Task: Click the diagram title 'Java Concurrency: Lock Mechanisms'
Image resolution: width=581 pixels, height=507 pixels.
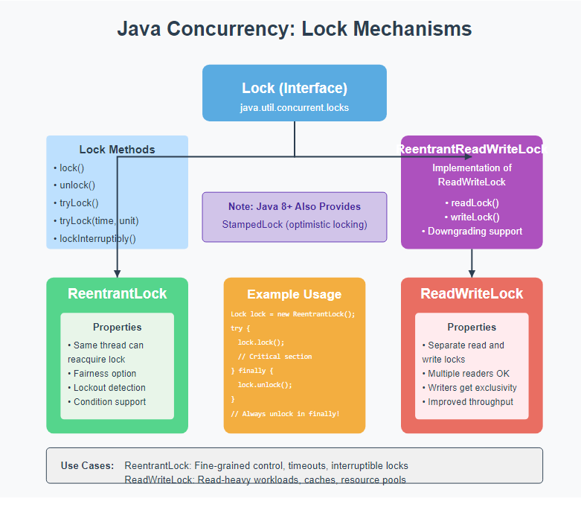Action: (x=294, y=29)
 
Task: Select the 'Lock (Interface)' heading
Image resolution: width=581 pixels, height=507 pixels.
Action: (x=294, y=88)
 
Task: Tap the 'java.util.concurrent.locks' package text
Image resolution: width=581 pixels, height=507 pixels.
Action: (x=294, y=107)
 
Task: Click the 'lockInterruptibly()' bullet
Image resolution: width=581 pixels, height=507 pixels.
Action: (x=94, y=238)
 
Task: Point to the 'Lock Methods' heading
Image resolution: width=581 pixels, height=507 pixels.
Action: (x=117, y=149)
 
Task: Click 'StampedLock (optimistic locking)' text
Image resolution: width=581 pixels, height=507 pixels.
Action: (x=294, y=224)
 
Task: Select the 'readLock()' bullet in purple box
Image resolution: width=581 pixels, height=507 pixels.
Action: (x=472, y=202)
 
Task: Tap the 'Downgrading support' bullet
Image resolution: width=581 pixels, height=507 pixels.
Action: (x=472, y=231)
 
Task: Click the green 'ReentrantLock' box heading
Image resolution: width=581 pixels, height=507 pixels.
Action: (x=117, y=293)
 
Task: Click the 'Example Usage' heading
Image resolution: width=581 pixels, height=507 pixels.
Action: (x=294, y=294)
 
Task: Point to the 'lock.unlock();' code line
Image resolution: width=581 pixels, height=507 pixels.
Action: (x=266, y=385)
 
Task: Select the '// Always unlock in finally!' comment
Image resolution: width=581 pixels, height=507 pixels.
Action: (x=285, y=413)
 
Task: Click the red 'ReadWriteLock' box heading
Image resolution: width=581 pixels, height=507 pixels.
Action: (x=472, y=293)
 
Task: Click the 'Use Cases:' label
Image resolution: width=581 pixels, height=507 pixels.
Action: (x=87, y=465)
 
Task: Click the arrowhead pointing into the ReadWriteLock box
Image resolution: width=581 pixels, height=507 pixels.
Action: (x=472, y=273)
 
